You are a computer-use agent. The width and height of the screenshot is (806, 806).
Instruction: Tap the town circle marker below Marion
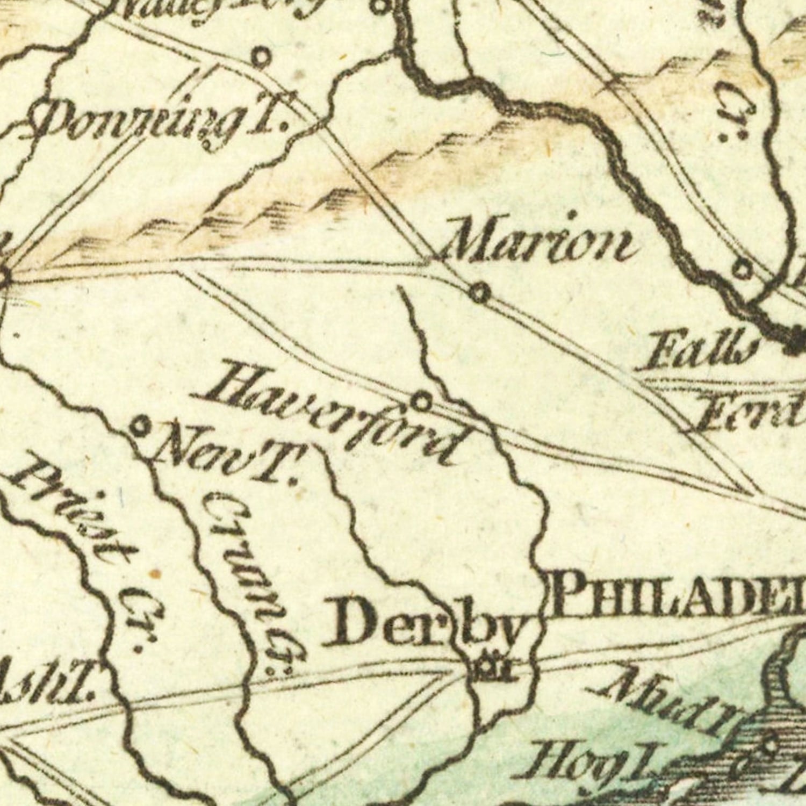pos(480,293)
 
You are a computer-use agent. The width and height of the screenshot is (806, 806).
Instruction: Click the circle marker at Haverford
pos(422,401)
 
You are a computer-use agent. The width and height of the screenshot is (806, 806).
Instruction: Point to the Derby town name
pos(424,623)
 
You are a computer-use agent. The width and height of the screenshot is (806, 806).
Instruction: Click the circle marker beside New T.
pos(141,427)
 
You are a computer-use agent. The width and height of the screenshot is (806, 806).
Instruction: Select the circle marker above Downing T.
pos(262,56)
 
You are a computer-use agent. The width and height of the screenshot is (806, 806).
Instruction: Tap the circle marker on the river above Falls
pos(743,269)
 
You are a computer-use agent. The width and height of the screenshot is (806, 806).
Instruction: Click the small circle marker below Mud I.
pos(769,745)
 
